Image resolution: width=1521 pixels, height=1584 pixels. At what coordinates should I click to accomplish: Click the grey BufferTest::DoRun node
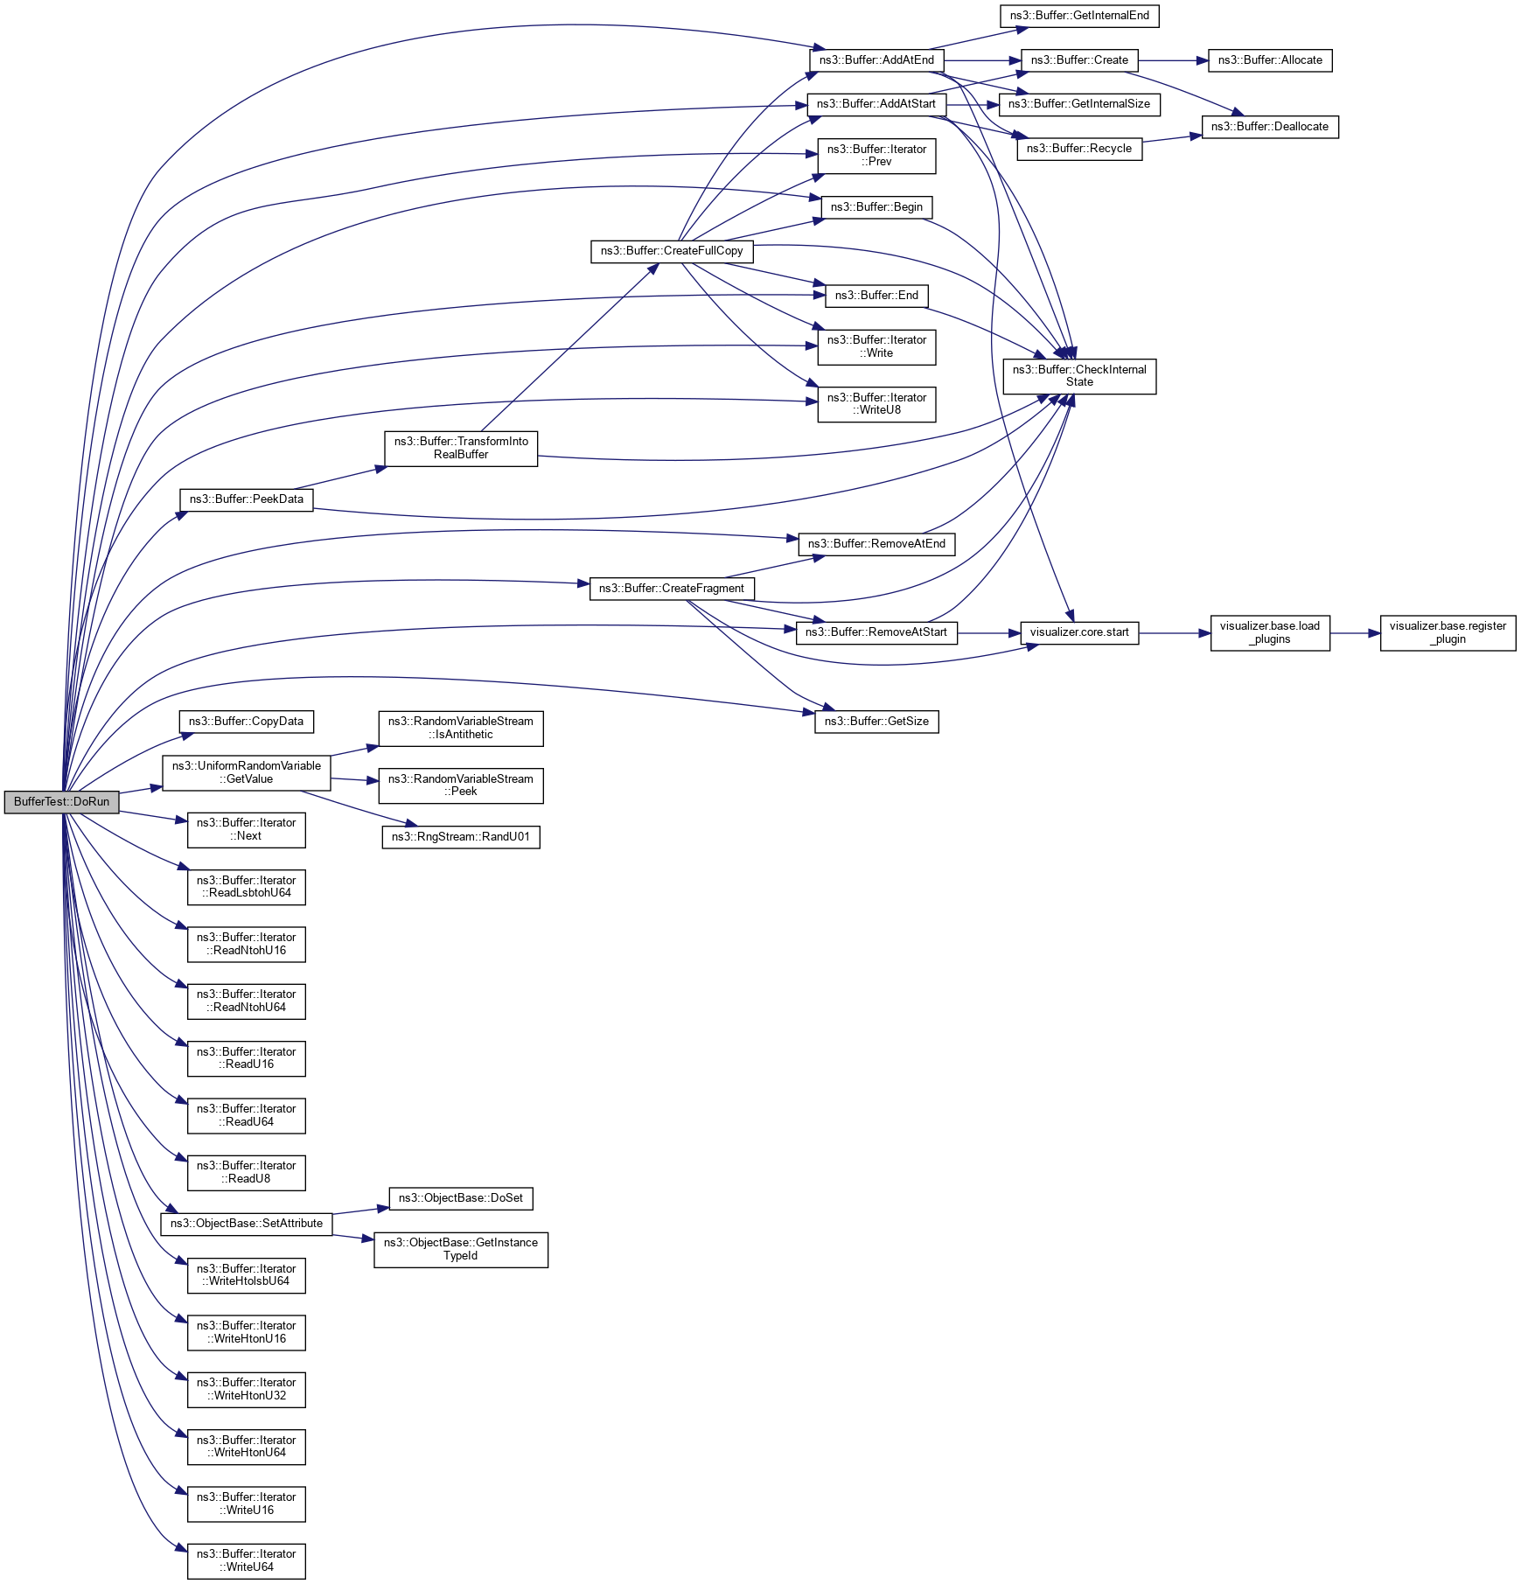[61, 802]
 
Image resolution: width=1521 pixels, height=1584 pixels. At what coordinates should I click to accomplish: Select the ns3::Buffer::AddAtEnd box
[876, 60]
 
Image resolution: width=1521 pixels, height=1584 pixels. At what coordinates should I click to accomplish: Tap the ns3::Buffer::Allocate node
[1269, 60]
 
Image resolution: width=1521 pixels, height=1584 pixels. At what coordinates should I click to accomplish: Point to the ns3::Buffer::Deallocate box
[1269, 127]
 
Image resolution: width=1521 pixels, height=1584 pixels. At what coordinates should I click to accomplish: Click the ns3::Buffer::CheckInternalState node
[1078, 376]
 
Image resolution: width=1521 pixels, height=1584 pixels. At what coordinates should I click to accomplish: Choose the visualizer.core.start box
[1078, 632]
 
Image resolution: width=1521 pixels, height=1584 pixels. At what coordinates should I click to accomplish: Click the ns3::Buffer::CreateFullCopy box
[671, 251]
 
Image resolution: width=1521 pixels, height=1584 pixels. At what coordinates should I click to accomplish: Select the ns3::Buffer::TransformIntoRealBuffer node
[461, 448]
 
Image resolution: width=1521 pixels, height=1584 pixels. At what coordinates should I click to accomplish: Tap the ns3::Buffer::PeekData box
[246, 499]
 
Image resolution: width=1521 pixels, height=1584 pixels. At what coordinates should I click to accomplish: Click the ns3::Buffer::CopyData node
[246, 722]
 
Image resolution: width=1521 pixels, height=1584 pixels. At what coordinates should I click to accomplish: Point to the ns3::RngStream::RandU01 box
[460, 837]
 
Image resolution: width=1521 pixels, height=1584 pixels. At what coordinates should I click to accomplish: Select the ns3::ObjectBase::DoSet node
[460, 1198]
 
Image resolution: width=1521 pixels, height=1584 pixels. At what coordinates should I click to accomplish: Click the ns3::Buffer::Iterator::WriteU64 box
[246, 1560]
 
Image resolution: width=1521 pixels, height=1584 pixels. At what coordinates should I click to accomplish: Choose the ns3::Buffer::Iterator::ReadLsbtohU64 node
[246, 887]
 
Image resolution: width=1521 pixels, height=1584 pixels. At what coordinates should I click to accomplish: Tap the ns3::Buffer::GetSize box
[876, 722]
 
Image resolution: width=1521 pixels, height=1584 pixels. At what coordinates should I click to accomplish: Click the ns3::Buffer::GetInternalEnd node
[1078, 16]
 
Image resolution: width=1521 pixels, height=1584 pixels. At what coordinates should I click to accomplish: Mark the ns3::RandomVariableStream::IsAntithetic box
[460, 728]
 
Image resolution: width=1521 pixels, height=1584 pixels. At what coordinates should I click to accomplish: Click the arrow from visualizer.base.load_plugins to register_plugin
[1355, 632]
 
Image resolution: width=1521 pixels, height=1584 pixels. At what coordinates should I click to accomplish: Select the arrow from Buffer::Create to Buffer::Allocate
[1173, 60]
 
